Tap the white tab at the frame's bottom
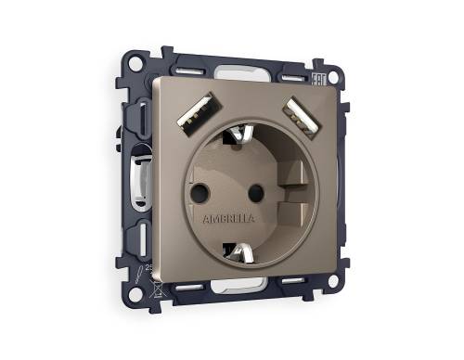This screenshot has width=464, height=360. [243, 293]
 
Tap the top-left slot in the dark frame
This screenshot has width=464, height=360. [187, 71]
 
